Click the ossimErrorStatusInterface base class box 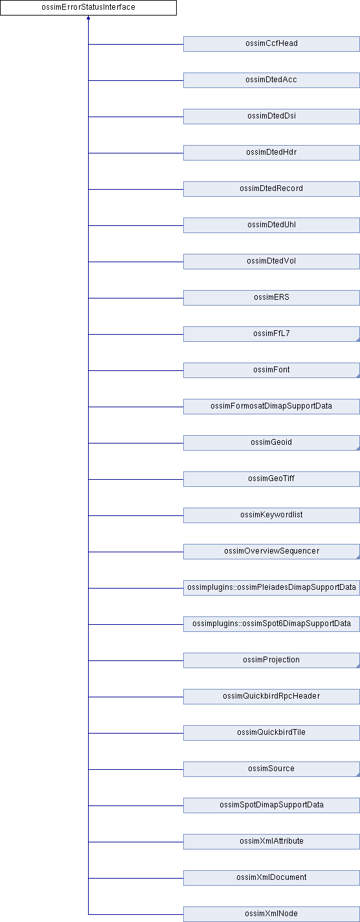click(x=88, y=7)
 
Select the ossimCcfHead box click(x=271, y=44)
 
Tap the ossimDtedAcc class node click(x=271, y=80)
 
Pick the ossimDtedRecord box click(x=271, y=189)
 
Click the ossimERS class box click(x=271, y=298)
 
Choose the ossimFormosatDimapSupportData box click(x=271, y=406)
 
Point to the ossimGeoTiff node click(x=271, y=478)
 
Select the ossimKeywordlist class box click(x=271, y=515)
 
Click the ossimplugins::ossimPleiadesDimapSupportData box click(x=271, y=587)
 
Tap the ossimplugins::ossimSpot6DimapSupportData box click(x=271, y=624)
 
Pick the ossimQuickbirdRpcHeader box click(x=271, y=696)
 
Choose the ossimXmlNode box click(x=271, y=914)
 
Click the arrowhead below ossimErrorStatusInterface click(x=88, y=17)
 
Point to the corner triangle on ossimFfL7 click(x=358, y=339)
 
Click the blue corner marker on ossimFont click(x=358, y=376)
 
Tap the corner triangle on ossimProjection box click(x=358, y=666)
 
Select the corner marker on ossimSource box click(x=358, y=774)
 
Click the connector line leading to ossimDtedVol click(x=136, y=262)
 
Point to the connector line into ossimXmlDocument click(x=136, y=877)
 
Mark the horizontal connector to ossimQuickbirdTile click(x=136, y=733)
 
